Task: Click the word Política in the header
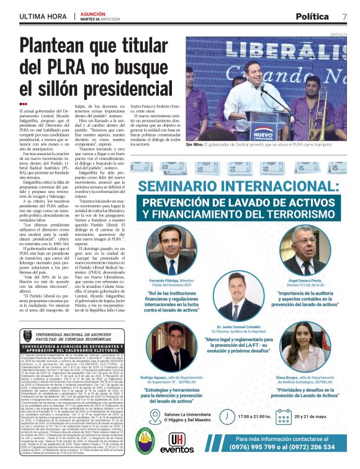(x=312, y=16)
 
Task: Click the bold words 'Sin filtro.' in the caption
(x=196, y=144)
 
